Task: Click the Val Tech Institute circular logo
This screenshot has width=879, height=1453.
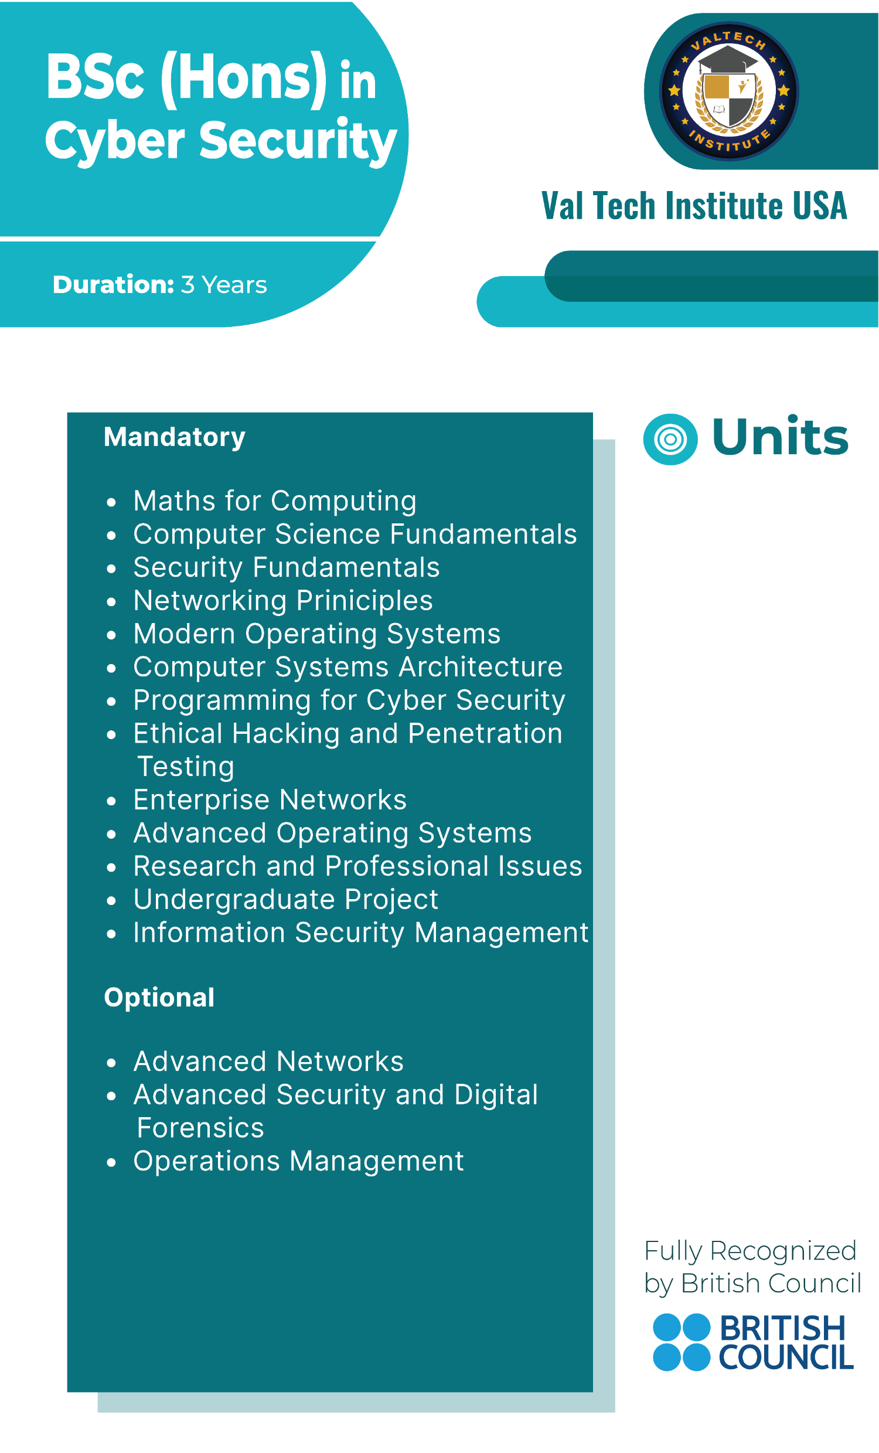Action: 728,91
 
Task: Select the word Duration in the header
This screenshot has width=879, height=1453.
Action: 113,284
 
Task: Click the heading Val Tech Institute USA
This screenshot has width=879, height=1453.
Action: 694,205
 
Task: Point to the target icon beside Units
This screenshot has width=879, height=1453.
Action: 670,440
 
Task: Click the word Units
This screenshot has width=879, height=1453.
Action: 781,437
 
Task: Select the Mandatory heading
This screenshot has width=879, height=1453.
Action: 175,438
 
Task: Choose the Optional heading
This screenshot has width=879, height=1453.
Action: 159,998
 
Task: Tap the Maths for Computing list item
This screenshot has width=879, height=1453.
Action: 275,501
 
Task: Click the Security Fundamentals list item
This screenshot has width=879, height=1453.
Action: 287,567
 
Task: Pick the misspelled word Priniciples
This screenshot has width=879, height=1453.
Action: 365,601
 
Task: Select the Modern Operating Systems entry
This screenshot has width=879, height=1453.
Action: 317,634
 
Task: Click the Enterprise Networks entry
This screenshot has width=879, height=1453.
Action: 270,799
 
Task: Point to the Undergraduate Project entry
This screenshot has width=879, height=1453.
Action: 286,900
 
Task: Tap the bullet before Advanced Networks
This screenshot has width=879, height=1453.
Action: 111,1063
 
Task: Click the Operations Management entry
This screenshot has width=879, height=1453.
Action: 299,1162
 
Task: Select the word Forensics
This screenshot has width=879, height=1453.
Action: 200,1128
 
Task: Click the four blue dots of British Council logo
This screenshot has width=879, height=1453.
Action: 682,1342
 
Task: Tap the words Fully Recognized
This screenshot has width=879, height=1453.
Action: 750,1251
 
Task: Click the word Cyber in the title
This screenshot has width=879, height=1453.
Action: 115,140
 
